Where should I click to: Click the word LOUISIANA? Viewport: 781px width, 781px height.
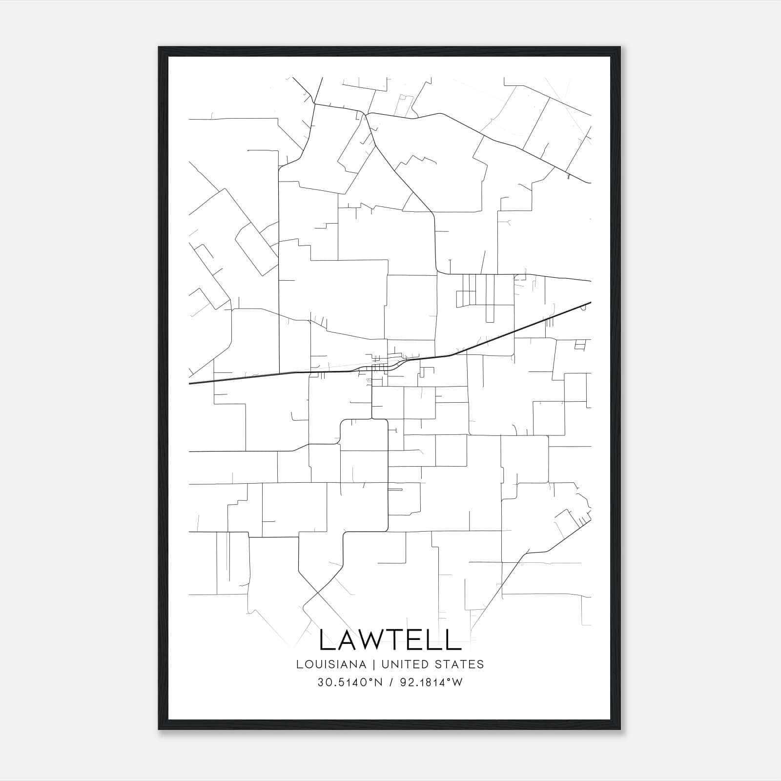(x=331, y=664)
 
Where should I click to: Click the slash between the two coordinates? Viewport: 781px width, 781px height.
(x=390, y=682)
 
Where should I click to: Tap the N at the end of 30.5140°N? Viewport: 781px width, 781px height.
(x=379, y=682)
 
